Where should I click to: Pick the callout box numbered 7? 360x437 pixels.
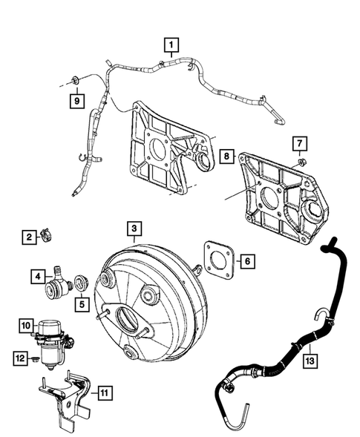299,142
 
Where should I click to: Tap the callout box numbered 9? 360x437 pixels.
76,99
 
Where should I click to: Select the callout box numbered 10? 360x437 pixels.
26,325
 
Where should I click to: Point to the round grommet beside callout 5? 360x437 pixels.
81,283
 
